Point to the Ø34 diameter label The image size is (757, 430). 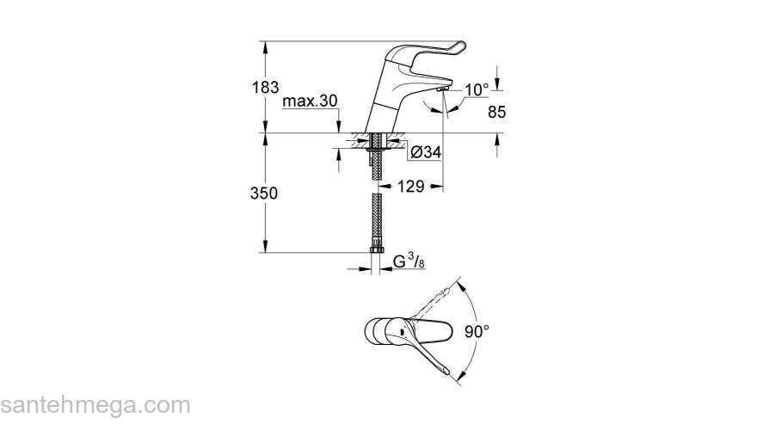pos(425,152)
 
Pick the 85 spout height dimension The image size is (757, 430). pos(496,111)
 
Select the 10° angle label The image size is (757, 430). pos(477,89)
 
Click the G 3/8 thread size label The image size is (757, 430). pos(409,261)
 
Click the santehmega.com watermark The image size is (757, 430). pos(95,404)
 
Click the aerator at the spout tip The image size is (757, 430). pos(442,88)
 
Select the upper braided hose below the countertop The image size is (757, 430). pos(376,168)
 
